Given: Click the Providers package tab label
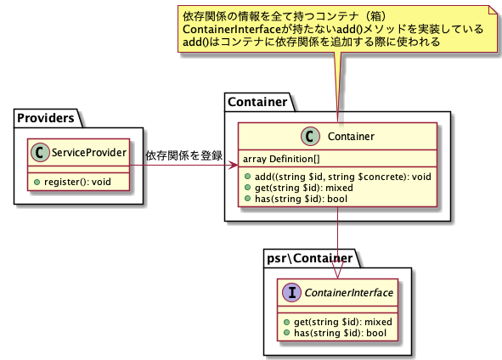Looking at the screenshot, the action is point(46,118).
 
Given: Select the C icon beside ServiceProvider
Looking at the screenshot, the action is point(40,152).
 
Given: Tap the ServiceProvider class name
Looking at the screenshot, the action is point(89,153).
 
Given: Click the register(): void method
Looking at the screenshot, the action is point(77,182).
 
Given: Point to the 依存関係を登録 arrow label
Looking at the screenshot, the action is point(184,155).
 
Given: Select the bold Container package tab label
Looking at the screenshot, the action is point(257,102).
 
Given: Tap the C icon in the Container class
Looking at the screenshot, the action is point(310,137).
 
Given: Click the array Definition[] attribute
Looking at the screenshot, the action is point(281,159).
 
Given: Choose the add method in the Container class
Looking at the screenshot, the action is point(343,177).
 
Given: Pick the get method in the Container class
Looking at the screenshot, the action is point(304,188).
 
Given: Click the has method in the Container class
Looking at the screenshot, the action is point(301,199).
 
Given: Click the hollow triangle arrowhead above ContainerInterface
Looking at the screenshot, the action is point(337,270).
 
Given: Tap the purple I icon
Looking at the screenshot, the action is point(291,292).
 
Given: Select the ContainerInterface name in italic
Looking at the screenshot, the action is point(348,292).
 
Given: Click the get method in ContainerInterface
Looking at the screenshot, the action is point(343,322).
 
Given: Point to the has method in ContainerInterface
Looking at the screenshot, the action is point(340,333).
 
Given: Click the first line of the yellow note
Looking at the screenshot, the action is point(285,16).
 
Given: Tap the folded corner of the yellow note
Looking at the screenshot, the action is point(493,9).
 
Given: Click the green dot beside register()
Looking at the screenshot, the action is point(37,182).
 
